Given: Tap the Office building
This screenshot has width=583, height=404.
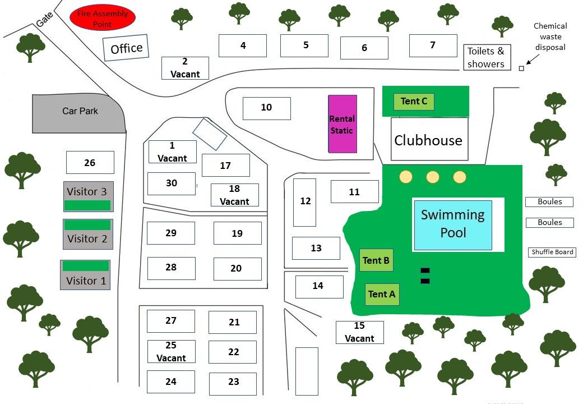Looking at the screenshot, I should point(127,49).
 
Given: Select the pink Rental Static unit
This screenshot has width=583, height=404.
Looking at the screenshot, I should point(343,124).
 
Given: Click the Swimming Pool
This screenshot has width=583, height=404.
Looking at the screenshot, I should point(453,224).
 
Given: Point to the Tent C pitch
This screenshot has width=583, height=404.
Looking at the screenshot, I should point(414,102).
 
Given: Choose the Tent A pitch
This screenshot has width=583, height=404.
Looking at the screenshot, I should point(382,294).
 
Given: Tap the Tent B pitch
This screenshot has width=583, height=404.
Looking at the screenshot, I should point(376,260).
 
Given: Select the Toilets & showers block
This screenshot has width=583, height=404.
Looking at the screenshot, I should point(486,58).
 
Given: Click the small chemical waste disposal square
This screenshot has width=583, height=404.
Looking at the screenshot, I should point(521,68).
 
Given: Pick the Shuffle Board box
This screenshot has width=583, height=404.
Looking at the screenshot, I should point(552,252).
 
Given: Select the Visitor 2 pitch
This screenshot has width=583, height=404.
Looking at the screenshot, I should point(88,234).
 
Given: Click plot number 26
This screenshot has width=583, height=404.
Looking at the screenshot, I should point(90,163).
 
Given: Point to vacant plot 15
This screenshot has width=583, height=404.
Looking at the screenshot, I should point(359,332).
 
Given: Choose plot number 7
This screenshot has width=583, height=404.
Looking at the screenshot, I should point(433,45).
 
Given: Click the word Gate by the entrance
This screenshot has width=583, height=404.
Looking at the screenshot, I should point(44,21).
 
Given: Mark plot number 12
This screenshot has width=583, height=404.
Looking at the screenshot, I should point(305,202).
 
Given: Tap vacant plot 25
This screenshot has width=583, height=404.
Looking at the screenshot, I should point(171,352).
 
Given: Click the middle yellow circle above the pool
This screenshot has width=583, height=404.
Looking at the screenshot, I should point(432,177).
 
